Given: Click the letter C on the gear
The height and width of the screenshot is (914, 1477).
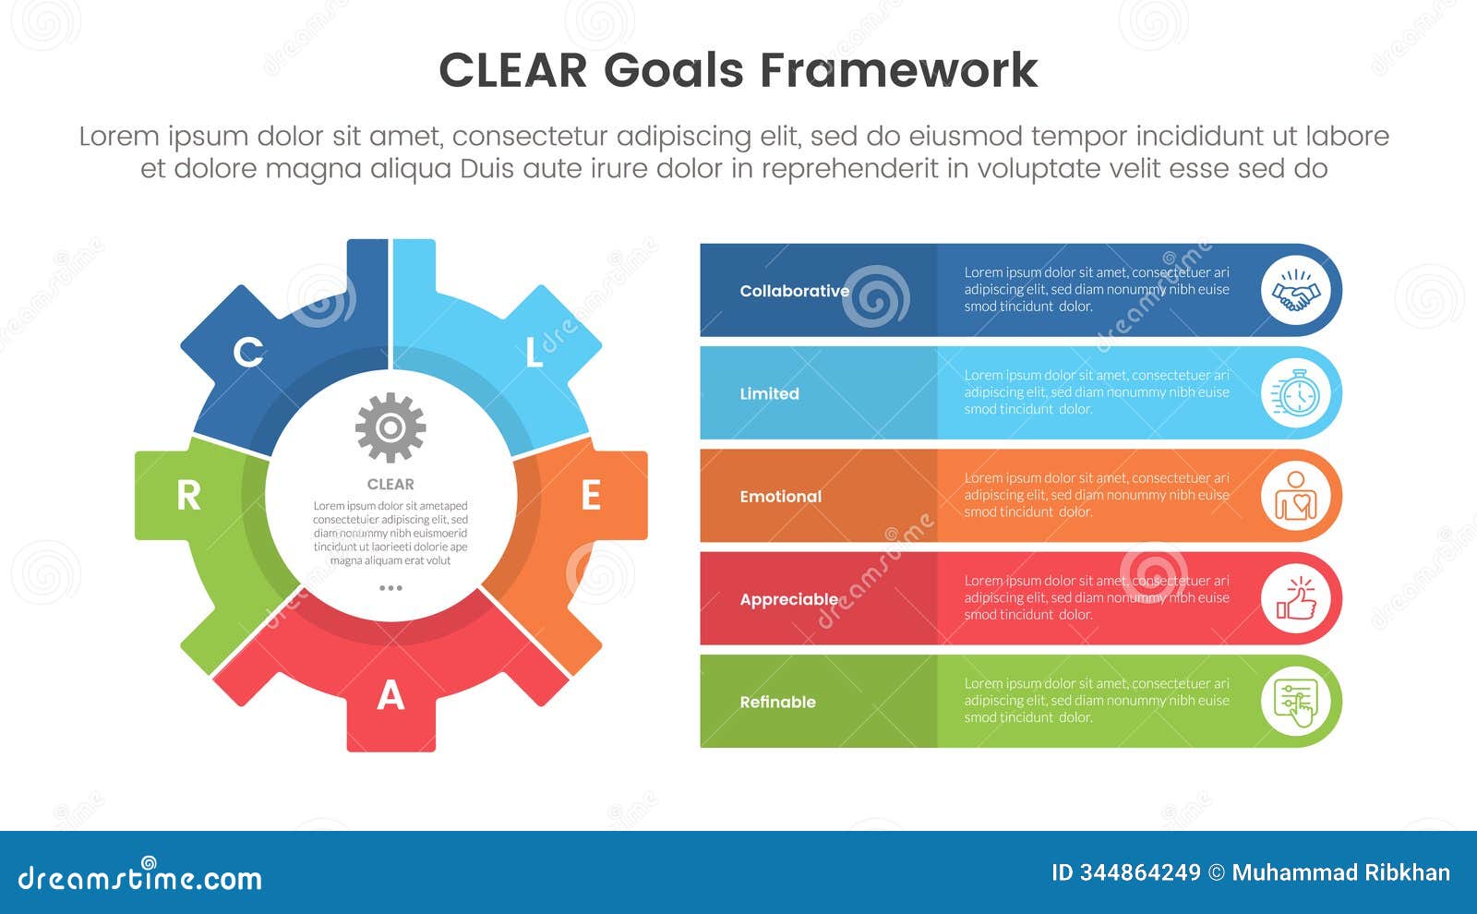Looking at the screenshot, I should [x=247, y=352].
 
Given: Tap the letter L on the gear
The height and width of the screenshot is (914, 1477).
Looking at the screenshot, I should [x=534, y=353].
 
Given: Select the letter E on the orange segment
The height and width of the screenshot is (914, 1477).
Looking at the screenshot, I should [x=591, y=496].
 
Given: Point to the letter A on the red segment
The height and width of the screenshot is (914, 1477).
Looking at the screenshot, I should [x=390, y=695].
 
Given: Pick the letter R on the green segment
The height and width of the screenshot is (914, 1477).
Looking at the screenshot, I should [x=188, y=496].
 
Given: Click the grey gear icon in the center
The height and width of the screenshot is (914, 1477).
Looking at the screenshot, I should [x=390, y=427].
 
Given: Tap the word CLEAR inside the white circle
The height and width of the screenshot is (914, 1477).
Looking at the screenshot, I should [x=390, y=484].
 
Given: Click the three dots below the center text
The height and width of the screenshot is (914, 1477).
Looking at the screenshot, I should [x=390, y=588].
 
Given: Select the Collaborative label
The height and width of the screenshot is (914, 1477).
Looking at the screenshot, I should [x=794, y=291].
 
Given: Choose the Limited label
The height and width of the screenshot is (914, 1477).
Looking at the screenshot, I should [x=769, y=393].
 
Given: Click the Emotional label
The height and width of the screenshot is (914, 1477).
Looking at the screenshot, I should [x=780, y=497].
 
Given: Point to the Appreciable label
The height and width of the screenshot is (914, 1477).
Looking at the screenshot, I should [x=789, y=599].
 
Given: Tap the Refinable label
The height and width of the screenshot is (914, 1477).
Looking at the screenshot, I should [x=777, y=702].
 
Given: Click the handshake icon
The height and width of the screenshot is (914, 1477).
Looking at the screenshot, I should [x=1295, y=291].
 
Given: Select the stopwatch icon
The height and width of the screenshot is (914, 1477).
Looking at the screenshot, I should [x=1295, y=394].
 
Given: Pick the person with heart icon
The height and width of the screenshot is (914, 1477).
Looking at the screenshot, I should [x=1295, y=497].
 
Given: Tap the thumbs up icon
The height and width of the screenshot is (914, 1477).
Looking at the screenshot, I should [x=1295, y=599].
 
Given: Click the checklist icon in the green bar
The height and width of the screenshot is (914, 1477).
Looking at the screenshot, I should [x=1295, y=702].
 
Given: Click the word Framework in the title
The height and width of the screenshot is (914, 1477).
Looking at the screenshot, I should [x=899, y=70].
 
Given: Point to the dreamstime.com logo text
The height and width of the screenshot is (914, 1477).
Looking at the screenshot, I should [x=140, y=877].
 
